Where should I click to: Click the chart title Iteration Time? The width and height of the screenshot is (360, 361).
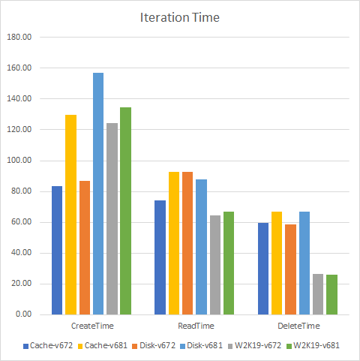coord(180,17)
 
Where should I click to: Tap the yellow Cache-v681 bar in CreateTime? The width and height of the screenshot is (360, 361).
coord(70,215)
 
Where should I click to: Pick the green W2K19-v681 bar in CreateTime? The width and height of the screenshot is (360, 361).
coord(125,211)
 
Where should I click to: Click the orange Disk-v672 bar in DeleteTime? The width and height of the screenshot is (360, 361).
coord(290,269)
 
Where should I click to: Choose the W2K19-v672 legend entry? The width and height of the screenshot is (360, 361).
coord(257,346)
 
